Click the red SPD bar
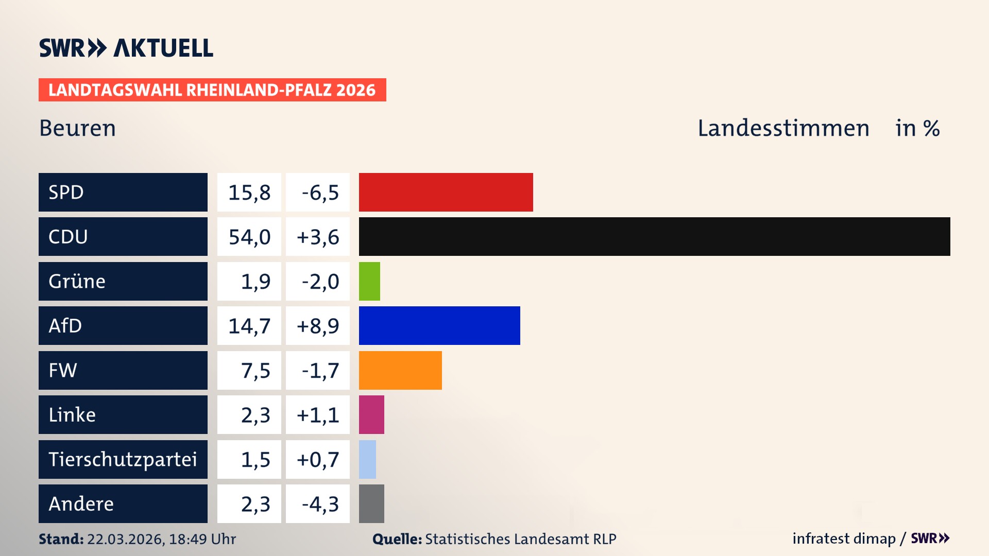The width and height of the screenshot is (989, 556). [x=446, y=192]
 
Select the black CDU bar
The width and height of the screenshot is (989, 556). [x=654, y=236]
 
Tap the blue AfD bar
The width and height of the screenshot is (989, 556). [x=439, y=325]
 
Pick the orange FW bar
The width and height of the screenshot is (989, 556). [x=400, y=370]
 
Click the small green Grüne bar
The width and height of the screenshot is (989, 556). [x=369, y=281]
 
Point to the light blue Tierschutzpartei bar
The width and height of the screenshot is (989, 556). [x=367, y=459]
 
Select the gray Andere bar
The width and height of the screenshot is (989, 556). [x=371, y=503]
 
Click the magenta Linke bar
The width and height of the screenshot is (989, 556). [x=371, y=414]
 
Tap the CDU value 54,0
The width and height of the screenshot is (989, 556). [x=249, y=237]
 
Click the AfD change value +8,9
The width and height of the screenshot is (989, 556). [x=318, y=326]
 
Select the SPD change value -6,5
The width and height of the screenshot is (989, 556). [x=320, y=193]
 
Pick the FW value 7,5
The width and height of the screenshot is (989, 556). [x=255, y=371]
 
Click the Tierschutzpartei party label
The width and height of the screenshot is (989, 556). [x=123, y=459]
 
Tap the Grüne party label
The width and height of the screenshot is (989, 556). [x=77, y=281]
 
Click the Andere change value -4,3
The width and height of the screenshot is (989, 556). [x=320, y=504]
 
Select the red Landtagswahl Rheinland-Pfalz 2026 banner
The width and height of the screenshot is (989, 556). [x=212, y=90]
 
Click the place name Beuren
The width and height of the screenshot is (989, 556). [x=78, y=128]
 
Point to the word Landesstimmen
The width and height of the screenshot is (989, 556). [x=783, y=128]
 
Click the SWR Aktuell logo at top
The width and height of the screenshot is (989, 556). [x=126, y=48]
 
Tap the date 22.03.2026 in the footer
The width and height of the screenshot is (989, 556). [x=125, y=539]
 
